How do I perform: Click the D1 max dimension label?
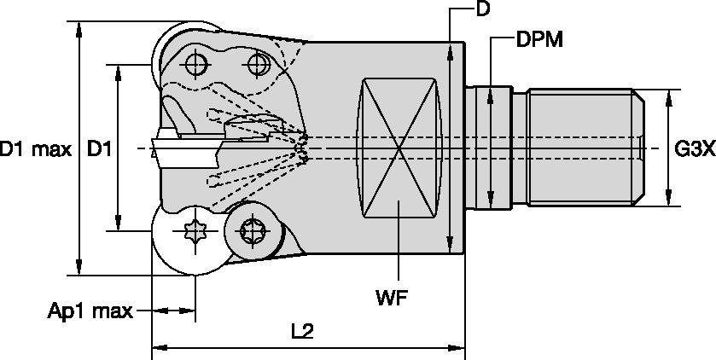click(35, 150)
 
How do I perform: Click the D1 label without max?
click(99, 150)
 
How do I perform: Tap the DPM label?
click(539, 41)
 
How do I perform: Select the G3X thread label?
click(692, 150)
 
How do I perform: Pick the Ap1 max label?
click(90, 311)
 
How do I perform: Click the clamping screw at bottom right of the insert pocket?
click(253, 229)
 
